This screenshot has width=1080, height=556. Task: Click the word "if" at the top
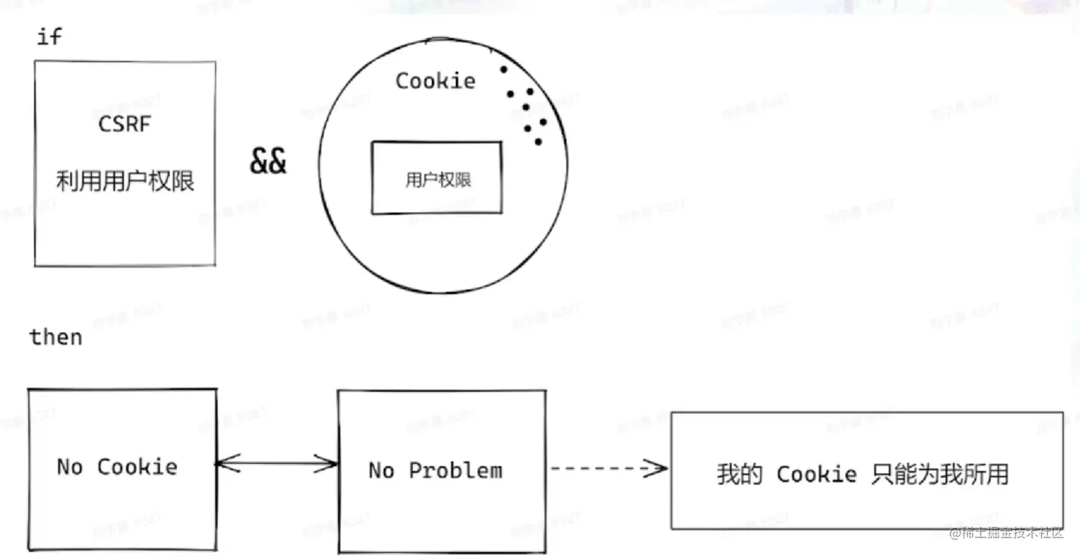click(49, 36)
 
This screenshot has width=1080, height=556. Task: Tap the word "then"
click(56, 336)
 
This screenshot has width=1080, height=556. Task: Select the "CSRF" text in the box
click(125, 124)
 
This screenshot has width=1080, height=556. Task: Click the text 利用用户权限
click(125, 181)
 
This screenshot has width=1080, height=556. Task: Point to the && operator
click(268, 161)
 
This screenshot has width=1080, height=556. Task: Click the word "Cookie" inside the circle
click(435, 81)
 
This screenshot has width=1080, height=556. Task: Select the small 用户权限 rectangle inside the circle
click(436, 178)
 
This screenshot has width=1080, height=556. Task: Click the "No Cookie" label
click(117, 467)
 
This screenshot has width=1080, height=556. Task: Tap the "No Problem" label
click(435, 470)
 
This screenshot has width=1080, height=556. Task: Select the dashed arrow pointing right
click(608, 469)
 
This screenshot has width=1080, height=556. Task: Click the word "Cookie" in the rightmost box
click(816, 475)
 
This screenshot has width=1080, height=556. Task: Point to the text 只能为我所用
click(940, 475)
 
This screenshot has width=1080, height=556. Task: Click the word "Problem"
click(455, 470)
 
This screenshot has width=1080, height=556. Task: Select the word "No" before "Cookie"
click(70, 467)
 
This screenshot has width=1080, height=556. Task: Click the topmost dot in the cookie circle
click(504, 69)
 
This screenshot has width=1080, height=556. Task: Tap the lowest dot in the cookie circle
click(538, 141)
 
